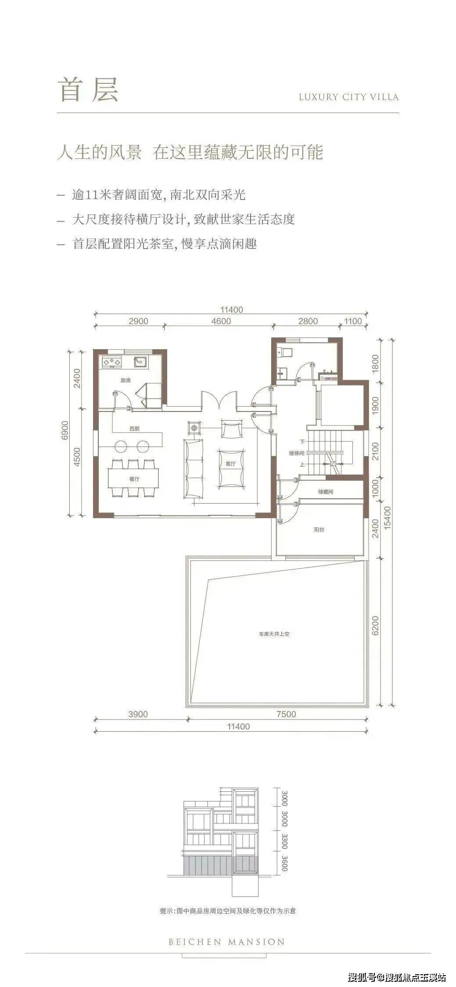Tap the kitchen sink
141,362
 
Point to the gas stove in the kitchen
112,362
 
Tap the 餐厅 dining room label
134,479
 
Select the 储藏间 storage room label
326,492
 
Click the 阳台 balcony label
319,529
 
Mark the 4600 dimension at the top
221,321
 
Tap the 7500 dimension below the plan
286,714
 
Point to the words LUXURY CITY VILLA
349,97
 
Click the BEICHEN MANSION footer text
227,942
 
